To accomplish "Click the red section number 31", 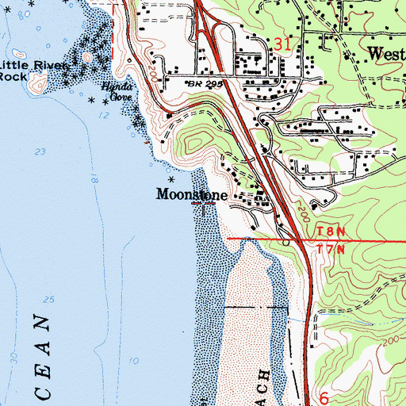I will (x=282, y=46).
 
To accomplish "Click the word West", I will (x=386, y=54).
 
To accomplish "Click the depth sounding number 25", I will (x=49, y=300).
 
